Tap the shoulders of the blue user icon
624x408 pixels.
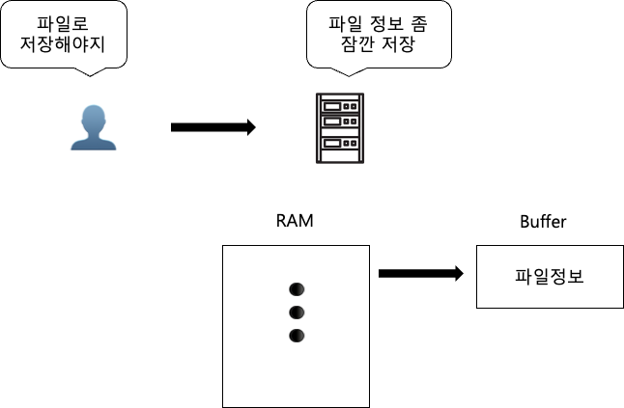[x=94, y=143]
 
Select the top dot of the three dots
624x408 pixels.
[x=298, y=289]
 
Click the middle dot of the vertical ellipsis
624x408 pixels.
[x=298, y=313]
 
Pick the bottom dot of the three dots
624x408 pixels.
[x=298, y=336]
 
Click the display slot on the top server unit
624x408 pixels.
[x=331, y=106]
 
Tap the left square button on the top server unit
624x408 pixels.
[x=346, y=106]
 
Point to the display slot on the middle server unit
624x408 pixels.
[x=331, y=122]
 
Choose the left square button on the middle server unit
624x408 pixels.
[x=346, y=122]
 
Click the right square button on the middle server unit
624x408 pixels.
[x=354, y=122]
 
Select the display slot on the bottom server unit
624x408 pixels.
[x=331, y=143]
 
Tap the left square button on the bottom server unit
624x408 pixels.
[x=346, y=143]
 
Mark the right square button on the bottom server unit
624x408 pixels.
[x=354, y=143]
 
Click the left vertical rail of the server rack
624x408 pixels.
[x=319, y=128]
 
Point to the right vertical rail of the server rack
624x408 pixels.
[x=361, y=128]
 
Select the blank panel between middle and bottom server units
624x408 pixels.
[x=340, y=133]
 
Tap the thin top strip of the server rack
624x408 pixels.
[x=340, y=96]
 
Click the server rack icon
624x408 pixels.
[x=340, y=128]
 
